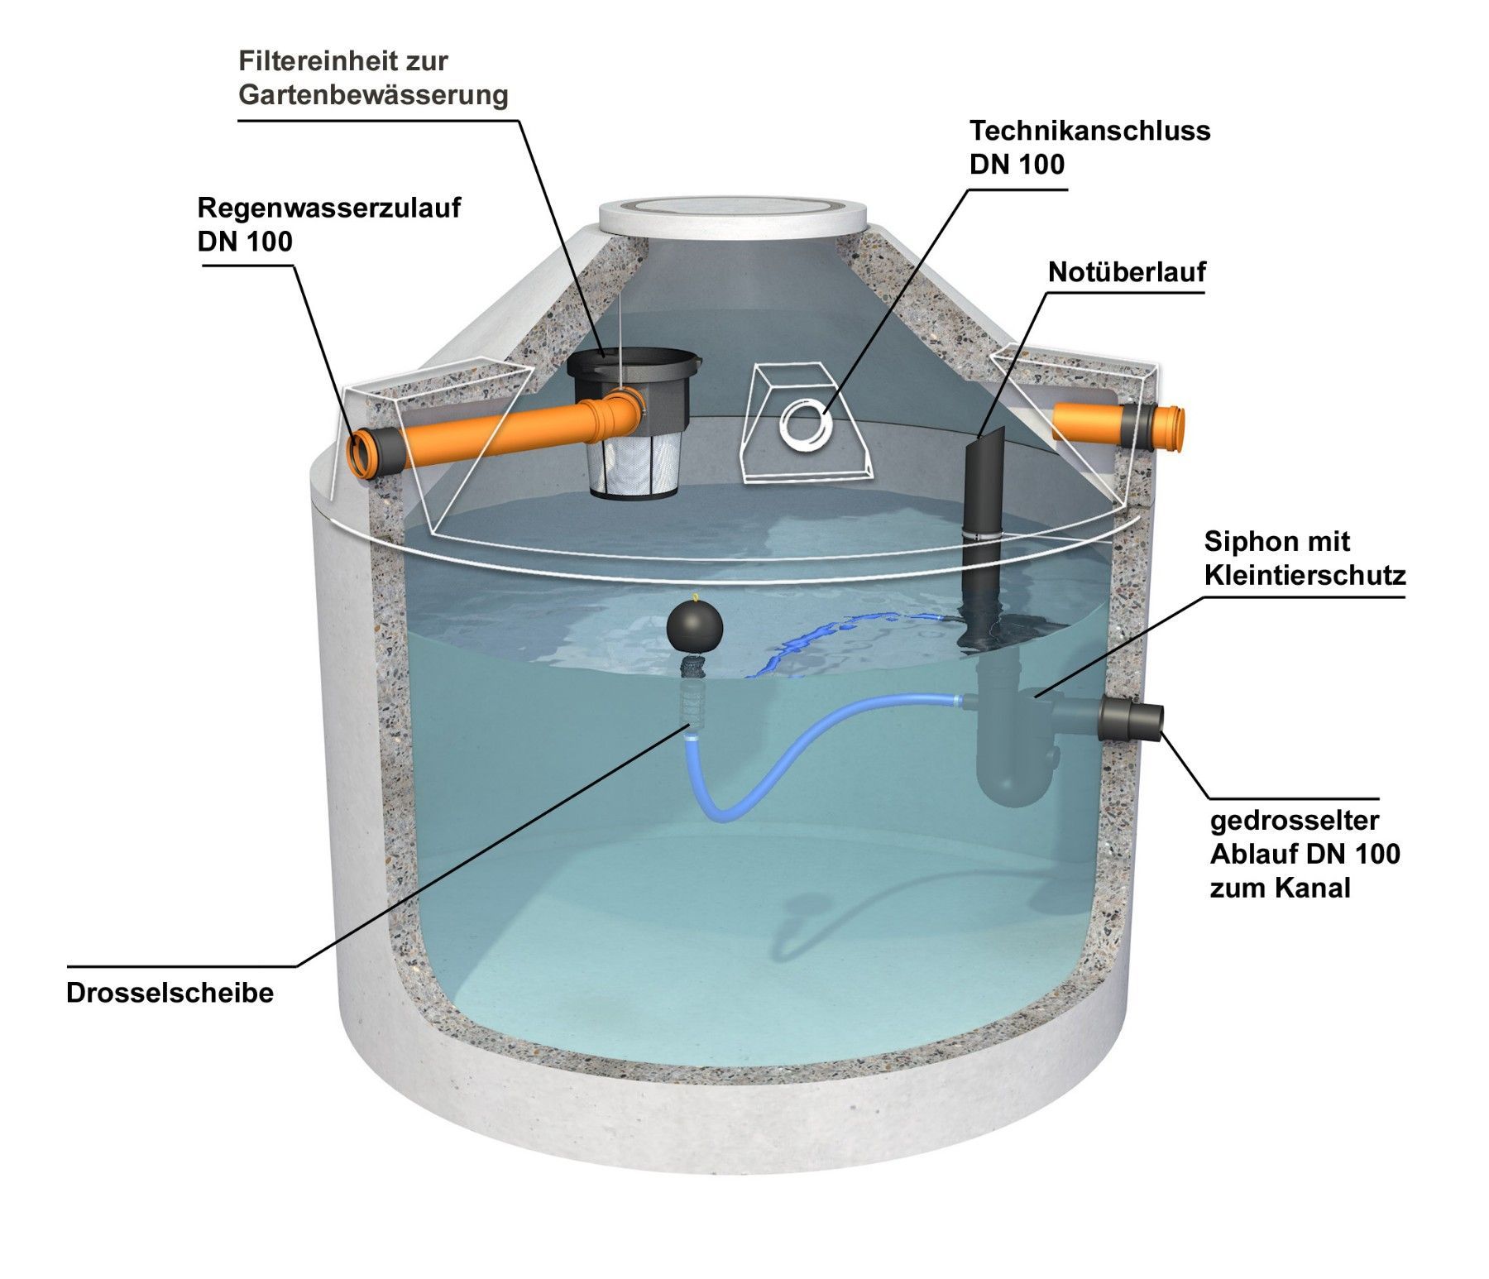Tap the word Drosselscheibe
point(170,993)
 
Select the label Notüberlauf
point(1127,271)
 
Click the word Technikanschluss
point(1090,130)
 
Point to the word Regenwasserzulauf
point(329,207)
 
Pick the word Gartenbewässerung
point(373,95)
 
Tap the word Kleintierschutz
point(1305,576)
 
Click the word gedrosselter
point(1295,821)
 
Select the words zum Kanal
point(1280,888)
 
